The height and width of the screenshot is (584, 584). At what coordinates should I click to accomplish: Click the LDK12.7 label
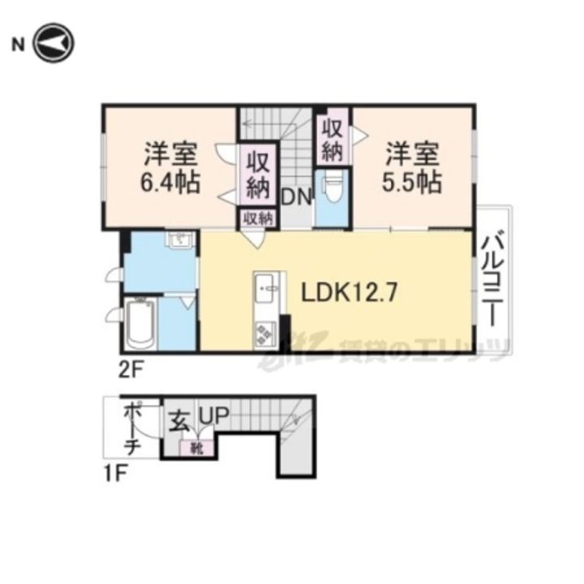pos(350,293)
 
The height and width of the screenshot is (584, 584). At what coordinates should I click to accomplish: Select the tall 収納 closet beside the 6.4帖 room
pos(258,175)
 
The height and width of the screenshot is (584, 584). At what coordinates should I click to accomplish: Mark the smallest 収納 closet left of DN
pos(258,217)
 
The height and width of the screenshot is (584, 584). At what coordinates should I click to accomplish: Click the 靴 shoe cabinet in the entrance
pos(197,446)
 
